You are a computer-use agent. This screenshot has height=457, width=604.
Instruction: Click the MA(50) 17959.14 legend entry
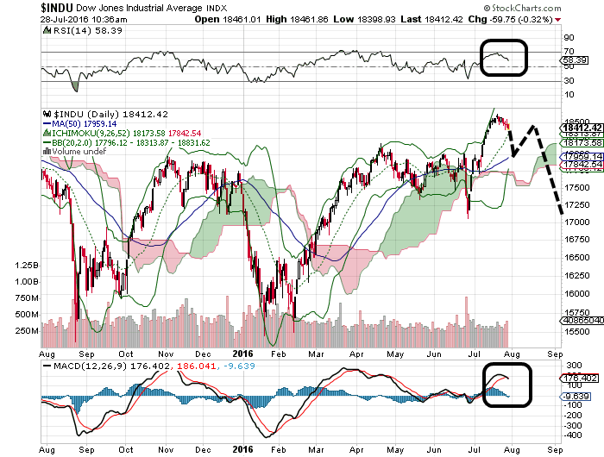(x=86, y=123)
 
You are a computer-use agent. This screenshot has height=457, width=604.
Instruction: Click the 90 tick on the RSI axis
(x=569, y=37)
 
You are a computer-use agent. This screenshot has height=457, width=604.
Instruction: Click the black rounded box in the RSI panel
(x=503, y=58)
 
